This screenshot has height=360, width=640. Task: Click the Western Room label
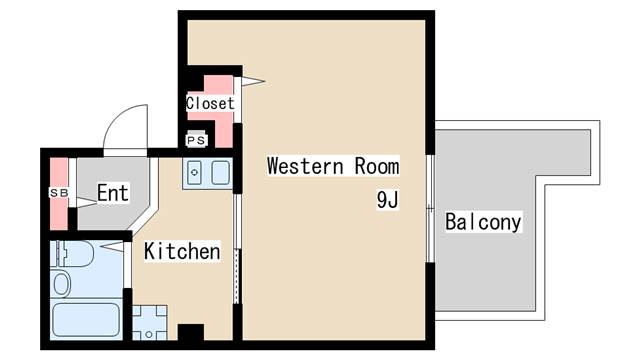pos(333,166)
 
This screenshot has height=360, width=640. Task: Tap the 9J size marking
pos(387,200)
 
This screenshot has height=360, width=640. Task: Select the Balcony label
pos(483,222)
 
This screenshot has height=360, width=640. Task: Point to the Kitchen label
pos(182,251)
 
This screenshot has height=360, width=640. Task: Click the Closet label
pos(210,103)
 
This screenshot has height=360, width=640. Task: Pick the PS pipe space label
pos(196,141)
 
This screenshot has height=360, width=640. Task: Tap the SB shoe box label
pos(59,193)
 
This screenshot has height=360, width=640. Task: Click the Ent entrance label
pos(113,193)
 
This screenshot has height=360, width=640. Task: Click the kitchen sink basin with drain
pos(194,172)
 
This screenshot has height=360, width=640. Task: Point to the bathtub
pos(86,320)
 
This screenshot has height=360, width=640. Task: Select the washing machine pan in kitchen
pos(149,322)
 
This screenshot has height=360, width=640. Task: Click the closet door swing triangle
pos(253,81)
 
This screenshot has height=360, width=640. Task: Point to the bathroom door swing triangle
pos(112,247)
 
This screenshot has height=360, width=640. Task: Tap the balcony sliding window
pos(430,208)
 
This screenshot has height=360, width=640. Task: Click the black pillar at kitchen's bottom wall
pos(191,332)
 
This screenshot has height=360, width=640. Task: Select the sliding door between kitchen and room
pos(237,249)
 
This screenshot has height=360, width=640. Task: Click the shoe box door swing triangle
pos(87,202)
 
